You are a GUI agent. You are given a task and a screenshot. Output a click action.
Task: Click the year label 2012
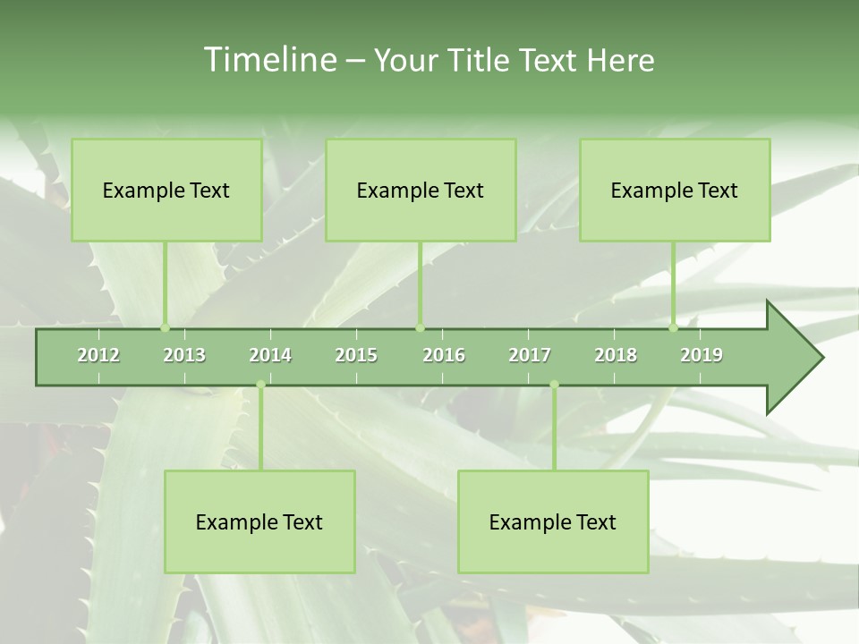(x=98, y=355)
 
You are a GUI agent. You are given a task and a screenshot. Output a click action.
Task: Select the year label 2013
(x=184, y=355)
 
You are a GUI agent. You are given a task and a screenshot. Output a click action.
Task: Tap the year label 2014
(x=270, y=355)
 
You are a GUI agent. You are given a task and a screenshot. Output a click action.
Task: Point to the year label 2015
(x=356, y=355)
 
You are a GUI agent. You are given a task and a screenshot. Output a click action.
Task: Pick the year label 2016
(x=444, y=355)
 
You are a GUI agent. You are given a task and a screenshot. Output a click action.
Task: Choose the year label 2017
(x=530, y=355)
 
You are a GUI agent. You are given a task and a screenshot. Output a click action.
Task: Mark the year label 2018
(x=616, y=355)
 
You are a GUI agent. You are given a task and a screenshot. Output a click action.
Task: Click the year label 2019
(x=702, y=355)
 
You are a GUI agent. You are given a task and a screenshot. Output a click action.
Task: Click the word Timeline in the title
(x=268, y=60)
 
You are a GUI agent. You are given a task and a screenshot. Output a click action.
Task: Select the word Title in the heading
(x=480, y=60)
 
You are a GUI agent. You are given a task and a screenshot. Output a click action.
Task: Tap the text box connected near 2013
(x=166, y=190)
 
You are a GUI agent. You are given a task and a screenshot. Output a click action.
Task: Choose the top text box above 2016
(x=421, y=190)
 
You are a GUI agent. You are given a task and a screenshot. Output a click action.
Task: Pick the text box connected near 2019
(x=675, y=190)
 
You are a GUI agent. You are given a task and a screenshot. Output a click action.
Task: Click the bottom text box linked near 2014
(x=259, y=521)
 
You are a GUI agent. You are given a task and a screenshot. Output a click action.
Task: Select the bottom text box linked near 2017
(x=553, y=521)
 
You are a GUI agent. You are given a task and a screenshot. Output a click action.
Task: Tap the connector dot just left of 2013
(x=165, y=328)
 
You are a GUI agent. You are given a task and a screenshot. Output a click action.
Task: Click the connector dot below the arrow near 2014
(x=260, y=385)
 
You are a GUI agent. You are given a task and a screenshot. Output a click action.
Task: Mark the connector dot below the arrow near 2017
(x=554, y=385)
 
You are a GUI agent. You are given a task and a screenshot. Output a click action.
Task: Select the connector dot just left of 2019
(x=673, y=328)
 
